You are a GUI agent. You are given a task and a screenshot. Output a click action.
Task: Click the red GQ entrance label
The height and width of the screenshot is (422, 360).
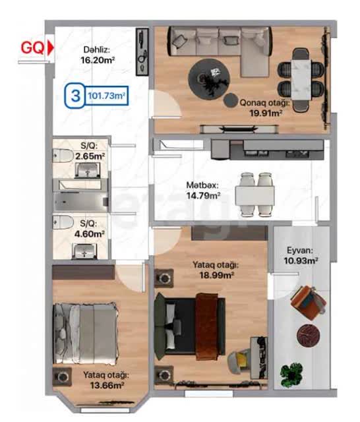pos(32,48)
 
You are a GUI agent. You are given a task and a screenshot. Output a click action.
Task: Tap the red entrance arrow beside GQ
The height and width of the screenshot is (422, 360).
pos(50,48)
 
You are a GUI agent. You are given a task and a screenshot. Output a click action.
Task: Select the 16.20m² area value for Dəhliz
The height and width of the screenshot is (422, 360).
pos(98,60)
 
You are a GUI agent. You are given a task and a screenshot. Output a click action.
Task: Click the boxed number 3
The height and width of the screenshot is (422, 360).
pos(76,96)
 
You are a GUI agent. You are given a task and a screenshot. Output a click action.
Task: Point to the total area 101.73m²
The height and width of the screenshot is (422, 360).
pos(107,96)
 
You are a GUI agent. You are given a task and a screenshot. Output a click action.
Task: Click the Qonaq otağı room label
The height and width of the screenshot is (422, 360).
pos(265,103)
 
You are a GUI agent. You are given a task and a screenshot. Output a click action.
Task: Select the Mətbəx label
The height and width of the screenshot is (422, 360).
pos(202,185)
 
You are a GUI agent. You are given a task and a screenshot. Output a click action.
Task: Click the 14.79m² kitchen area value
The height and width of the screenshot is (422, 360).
pos(204,195)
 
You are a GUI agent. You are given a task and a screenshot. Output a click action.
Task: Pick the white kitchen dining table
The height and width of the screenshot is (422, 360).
pos(255,196)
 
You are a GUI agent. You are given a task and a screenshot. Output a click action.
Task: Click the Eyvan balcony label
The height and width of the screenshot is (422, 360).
pos(300,251)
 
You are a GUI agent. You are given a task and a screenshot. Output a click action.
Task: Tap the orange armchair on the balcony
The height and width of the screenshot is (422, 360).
pos(309,303)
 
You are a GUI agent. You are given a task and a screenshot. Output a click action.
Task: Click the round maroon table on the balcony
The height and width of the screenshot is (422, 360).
pos(309,336)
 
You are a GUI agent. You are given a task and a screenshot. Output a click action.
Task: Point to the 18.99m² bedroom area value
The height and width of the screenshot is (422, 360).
pos(216,275)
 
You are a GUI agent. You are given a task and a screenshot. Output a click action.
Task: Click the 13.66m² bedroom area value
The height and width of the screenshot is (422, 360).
pos(107,385)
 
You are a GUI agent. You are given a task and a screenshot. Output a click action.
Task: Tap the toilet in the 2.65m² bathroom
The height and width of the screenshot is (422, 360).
pos(63,156)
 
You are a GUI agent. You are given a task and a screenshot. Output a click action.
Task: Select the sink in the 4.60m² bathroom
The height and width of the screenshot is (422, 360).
pos(85,251)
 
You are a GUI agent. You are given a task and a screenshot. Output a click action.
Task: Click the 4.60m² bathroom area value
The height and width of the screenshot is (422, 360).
pos(90,233)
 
